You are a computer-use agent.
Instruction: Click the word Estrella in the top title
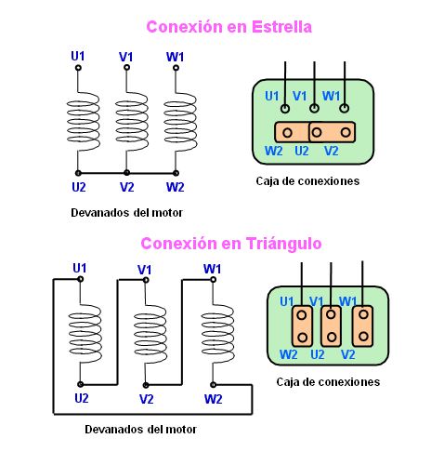point(281,27)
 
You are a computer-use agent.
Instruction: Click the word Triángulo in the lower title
point(284,244)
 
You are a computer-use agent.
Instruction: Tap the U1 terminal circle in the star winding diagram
point(78,68)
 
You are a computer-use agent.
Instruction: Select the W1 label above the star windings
point(175,57)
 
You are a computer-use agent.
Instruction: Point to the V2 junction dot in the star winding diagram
point(126,173)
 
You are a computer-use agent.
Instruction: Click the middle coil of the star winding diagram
point(132,121)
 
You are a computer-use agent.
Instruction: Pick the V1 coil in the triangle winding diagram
point(150,334)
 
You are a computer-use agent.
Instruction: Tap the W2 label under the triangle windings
point(213,399)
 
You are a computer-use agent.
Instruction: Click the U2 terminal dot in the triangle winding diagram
point(80,384)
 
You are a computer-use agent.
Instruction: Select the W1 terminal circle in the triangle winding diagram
point(213,280)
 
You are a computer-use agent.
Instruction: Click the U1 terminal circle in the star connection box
point(285,109)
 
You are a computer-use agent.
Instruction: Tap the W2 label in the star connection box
point(274,151)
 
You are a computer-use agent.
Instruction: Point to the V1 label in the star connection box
point(300,96)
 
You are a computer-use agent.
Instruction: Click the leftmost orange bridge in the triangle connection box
point(302,326)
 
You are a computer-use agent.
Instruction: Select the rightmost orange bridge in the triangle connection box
point(362,326)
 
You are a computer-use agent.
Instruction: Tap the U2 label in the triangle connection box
point(318,354)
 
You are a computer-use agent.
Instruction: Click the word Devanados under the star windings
point(100,213)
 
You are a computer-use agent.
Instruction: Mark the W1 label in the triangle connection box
point(348,301)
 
